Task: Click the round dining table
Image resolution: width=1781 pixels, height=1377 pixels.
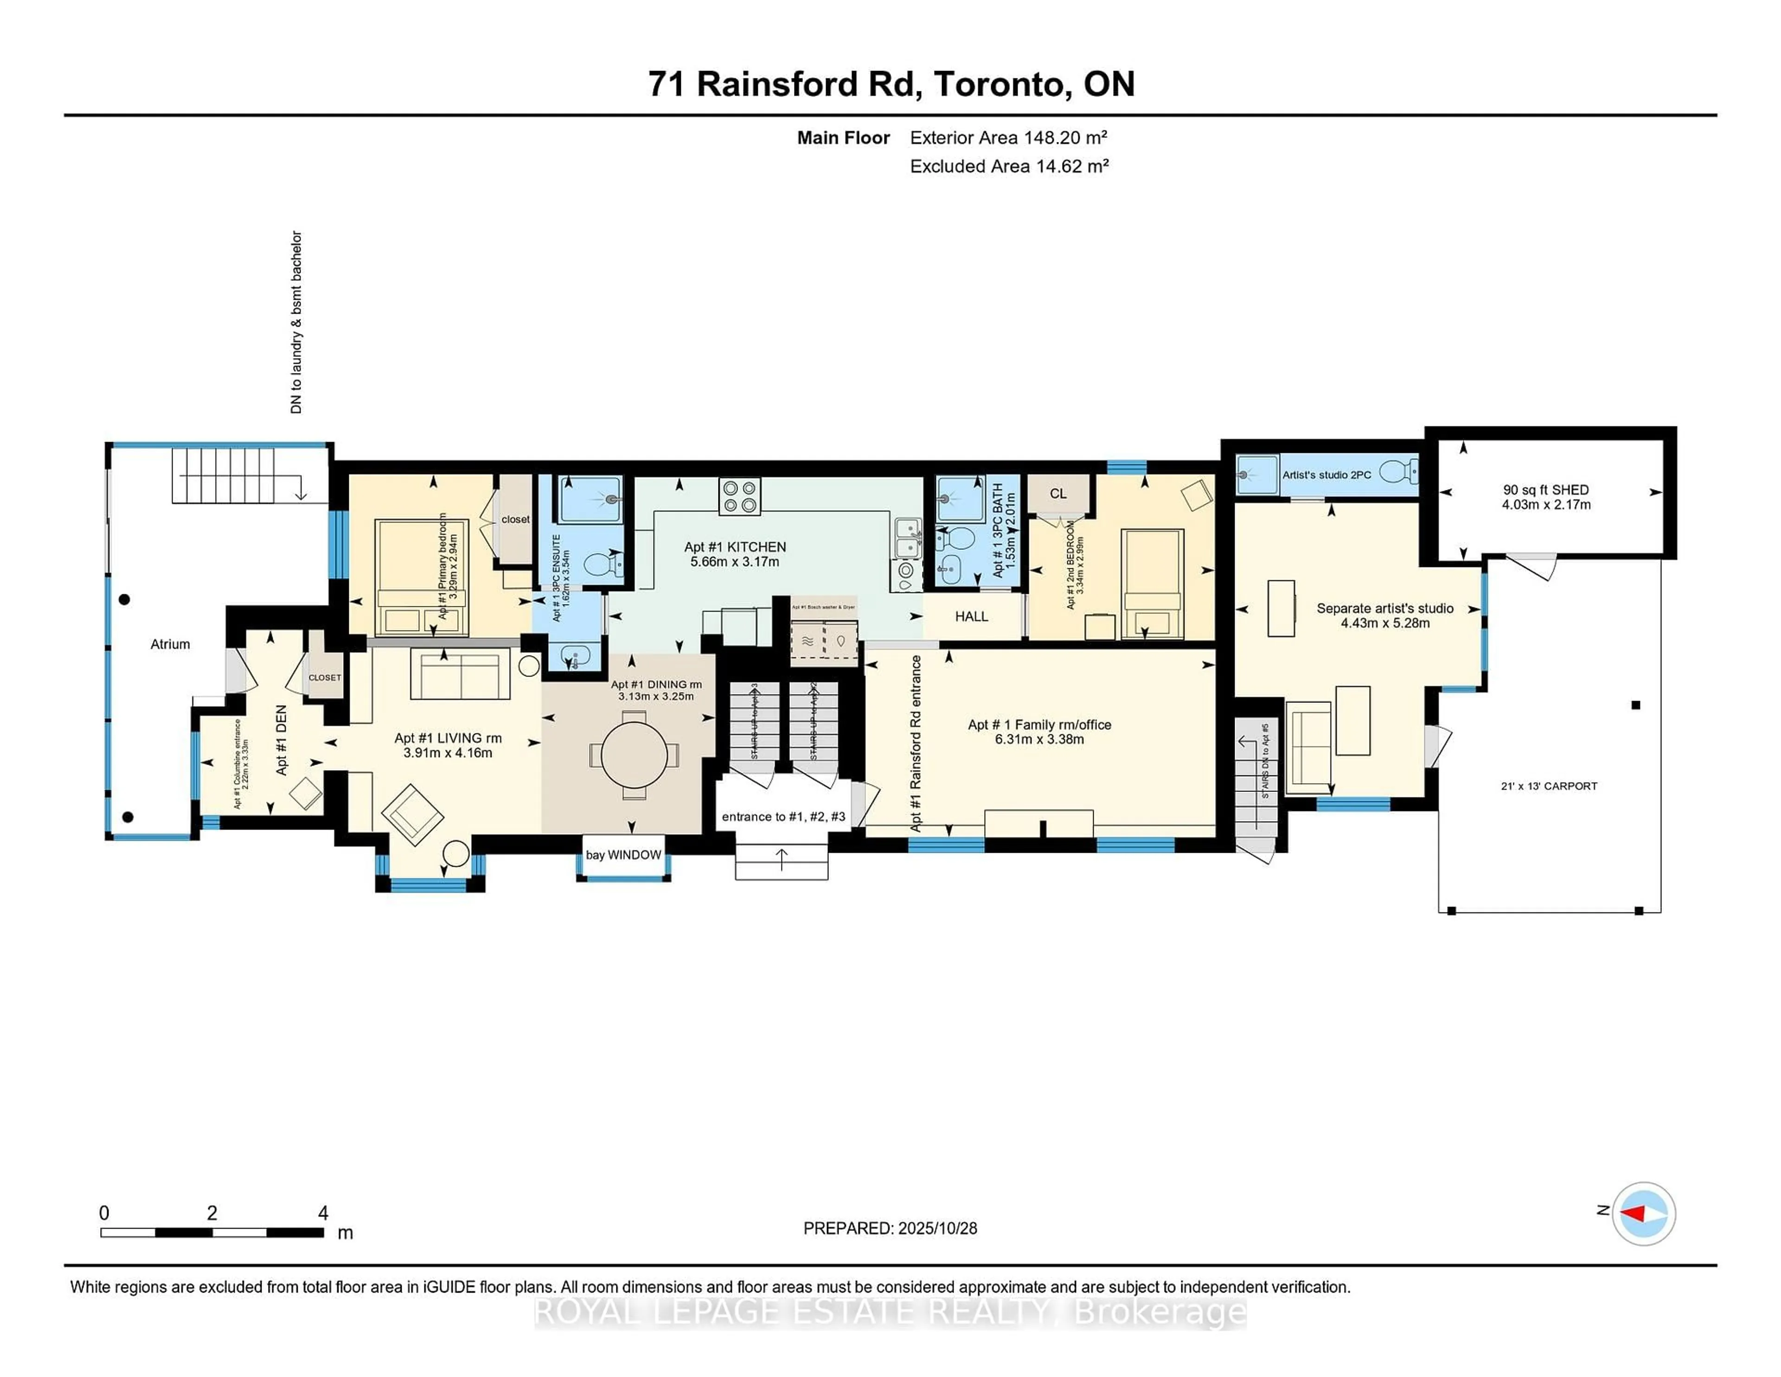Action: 634,754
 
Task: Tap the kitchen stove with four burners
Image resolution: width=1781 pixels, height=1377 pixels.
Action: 740,497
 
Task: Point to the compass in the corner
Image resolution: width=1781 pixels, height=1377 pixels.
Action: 1643,1214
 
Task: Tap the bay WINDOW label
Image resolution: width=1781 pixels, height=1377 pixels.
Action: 623,855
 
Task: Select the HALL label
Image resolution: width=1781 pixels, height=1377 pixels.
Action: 971,617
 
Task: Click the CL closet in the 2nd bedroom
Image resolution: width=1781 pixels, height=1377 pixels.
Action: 1057,494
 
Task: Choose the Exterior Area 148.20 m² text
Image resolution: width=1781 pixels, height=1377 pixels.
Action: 1008,138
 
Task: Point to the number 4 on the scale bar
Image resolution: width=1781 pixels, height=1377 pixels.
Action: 323,1213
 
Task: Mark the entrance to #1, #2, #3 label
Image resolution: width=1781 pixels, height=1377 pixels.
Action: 783,817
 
